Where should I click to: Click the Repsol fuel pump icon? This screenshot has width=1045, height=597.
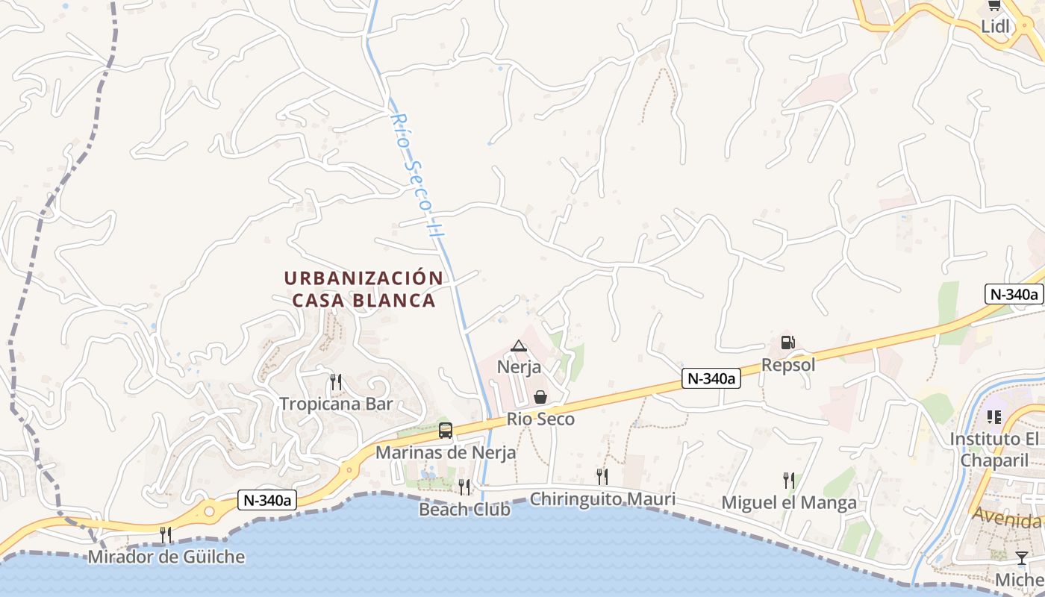tap(787, 343)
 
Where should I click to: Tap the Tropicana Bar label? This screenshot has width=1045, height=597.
tap(336, 404)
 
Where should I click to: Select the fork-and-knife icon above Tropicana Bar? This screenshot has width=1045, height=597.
tap(336, 382)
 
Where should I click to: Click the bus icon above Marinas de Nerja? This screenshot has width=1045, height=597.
tap(446, 431)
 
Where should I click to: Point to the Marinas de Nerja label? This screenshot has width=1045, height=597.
tap(446, 453)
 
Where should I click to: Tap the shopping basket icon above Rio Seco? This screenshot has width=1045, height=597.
tap(540, 397)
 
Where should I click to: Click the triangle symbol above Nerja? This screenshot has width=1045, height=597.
tap(519, 346)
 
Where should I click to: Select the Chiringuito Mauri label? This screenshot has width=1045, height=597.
tap(602, 498)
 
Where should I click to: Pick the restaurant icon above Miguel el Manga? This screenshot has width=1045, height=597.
tap(788, 480)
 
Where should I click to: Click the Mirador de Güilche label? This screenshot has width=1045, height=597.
tap(166, 557)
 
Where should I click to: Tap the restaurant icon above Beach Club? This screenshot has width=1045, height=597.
tap(464, 487)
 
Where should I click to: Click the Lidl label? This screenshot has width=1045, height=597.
tap(995, 27)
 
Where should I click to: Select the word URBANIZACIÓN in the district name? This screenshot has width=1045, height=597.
tap(364, 278)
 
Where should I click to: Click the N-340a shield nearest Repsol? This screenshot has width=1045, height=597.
tap(711, 379)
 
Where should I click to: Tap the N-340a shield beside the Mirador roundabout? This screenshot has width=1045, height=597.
tap(267, 500)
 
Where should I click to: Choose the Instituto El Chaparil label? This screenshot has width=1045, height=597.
tap(994, 450)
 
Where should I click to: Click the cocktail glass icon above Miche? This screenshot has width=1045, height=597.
tap(1021, 558)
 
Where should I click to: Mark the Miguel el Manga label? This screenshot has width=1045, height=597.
tap(789, 503)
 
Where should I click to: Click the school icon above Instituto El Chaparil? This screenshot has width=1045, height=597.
tap(993, 416)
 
